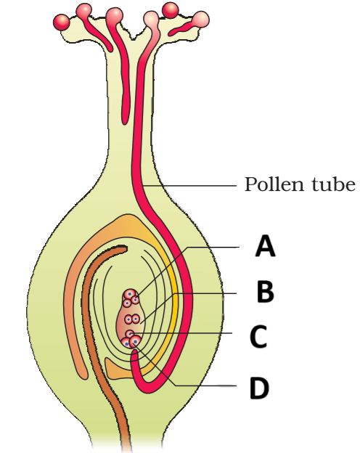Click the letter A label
click(265, 246)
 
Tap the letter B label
click(265, 292)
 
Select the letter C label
click(258, 337)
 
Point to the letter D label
click(259, 388)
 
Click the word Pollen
click(276, 184)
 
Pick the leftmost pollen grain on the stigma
click(61, 22)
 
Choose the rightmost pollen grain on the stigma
click(200, 19)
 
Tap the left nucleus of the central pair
click(128, 319)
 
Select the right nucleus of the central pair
click(136, 319)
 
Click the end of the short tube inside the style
click(125, 121)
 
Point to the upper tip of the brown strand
click(124, 248)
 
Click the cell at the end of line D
click(135, 342)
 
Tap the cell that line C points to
click(131, 334)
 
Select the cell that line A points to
click(135, 300)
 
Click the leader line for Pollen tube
click(190, 185)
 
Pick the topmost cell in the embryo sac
click(130, 294)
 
